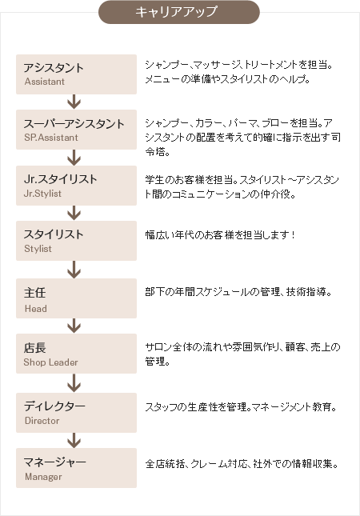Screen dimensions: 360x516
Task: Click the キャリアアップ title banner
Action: point(179,12)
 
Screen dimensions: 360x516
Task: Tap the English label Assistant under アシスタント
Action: point(45,82)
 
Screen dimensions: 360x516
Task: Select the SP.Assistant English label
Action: point(51,138)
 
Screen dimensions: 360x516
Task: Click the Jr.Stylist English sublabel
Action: point(42,194)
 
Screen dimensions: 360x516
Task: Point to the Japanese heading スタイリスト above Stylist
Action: point(54,234)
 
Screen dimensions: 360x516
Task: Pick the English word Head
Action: point(35,309)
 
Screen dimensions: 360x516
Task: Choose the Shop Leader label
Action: point(50,362)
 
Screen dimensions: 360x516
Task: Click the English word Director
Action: point(42,421)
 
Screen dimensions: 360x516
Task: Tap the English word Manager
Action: point(43,477)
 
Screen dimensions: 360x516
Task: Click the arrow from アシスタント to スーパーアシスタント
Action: point(74,102)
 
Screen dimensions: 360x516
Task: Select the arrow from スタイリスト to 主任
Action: point(74,270)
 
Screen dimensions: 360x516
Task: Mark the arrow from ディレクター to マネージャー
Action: point(74,440)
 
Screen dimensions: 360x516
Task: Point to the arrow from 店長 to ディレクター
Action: point(74,383)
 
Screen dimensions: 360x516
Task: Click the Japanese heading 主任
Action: point(34,293)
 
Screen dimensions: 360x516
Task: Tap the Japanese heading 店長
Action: point(34,347)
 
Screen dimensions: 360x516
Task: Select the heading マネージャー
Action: point(54,462)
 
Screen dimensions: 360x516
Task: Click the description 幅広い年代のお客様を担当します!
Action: point(220,235)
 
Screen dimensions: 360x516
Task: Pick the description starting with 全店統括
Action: point(242,464)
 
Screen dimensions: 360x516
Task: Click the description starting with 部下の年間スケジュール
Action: point(238,292)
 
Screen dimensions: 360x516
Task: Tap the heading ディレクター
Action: point(54,406)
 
